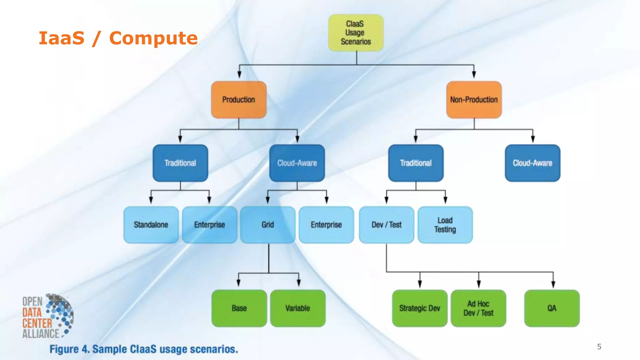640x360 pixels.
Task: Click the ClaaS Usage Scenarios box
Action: click(356, 33)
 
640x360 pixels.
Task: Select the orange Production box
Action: click(239, 100)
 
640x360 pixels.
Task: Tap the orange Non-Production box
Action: click(474, 100)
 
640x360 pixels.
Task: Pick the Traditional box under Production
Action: click(180, 163)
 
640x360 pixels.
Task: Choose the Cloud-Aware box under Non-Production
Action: click(532, 163)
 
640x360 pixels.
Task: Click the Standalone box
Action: click(151, 225)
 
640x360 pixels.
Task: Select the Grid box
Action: click(268, 225)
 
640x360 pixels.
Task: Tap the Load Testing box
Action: click(445, 225)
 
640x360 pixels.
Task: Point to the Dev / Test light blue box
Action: click(386, 225)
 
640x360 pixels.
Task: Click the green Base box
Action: click(239, 308)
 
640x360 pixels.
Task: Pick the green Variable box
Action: click(297, 308)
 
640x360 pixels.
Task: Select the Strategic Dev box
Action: click(419, 308)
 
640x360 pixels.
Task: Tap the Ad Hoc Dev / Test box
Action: click(478, 308)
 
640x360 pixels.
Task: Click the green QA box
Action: click(552, 308)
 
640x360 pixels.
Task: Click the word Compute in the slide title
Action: click(153, 38)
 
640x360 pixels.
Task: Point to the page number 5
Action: click(599, 347)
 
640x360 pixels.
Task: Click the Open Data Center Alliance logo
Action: click(47, 316)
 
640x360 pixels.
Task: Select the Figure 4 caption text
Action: click(144, 349)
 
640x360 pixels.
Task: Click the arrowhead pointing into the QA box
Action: click(553, 284)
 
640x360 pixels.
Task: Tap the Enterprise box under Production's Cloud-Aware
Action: click(326, 225)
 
